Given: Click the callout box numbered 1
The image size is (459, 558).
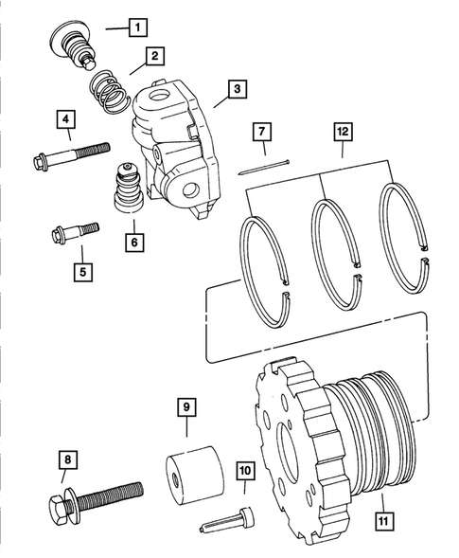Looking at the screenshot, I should point(138,27).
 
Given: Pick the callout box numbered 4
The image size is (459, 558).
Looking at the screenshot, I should point(65,119).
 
